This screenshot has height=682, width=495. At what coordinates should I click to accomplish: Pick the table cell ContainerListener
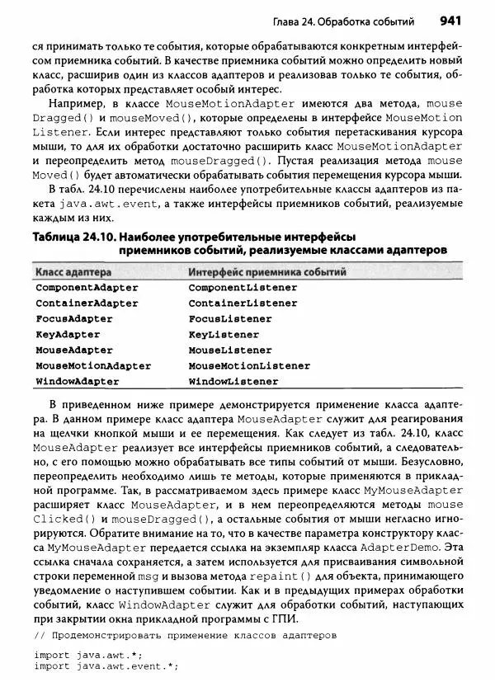[x=243, y=303]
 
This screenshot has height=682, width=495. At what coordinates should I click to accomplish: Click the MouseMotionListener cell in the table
[x=249, y=365]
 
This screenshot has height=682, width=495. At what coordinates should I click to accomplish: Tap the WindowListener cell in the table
[x=233, y=382]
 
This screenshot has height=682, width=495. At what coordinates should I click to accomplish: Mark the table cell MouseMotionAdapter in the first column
[x=93, y=365]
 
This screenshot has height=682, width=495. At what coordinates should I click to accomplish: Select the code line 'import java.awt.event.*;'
[x=106, y=667]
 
